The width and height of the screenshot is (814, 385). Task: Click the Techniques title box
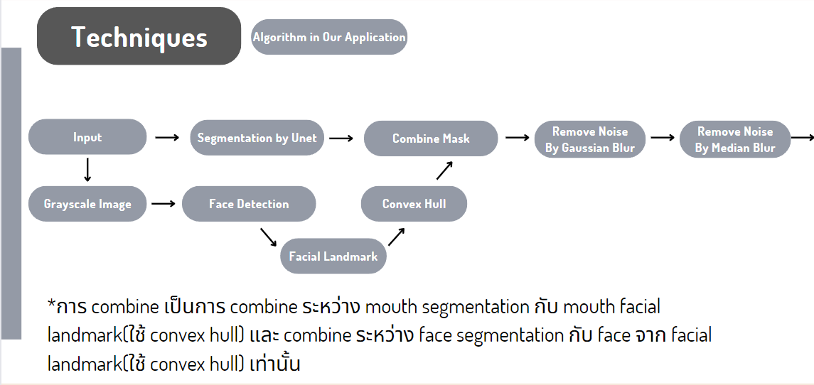coord(139,37)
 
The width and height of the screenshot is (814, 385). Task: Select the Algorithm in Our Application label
coord(329,37)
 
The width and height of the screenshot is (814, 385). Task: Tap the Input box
coord(87,137)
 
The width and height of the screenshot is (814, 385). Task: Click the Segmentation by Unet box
coord(257,138)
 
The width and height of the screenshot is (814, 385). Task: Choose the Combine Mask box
coord(431,139)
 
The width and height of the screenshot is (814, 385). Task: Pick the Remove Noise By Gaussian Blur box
coord(590,139)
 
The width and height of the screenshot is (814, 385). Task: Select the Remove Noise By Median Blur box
coord(735,139)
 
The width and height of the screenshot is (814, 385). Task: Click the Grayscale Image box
coord(87,204)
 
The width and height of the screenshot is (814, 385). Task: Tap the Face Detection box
coord(249,204)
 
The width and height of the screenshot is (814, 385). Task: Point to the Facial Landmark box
coord(333,256)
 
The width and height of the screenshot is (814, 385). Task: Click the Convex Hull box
coord(414,204)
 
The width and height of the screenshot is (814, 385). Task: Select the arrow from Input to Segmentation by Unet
coord(167,137)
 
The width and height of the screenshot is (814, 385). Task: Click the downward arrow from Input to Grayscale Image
coord(87,170)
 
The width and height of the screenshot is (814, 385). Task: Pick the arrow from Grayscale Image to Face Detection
coord(164,204)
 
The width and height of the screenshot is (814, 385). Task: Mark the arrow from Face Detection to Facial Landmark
coord(268,237)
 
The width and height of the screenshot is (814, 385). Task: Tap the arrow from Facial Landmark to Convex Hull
coord(397,237)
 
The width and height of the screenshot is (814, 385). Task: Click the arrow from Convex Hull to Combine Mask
coord(444,170)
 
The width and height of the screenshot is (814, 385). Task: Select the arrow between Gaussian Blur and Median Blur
coord(662,138)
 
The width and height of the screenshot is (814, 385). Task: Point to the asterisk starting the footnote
coord(51,306)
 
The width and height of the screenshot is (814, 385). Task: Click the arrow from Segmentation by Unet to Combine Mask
coord(341,138)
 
